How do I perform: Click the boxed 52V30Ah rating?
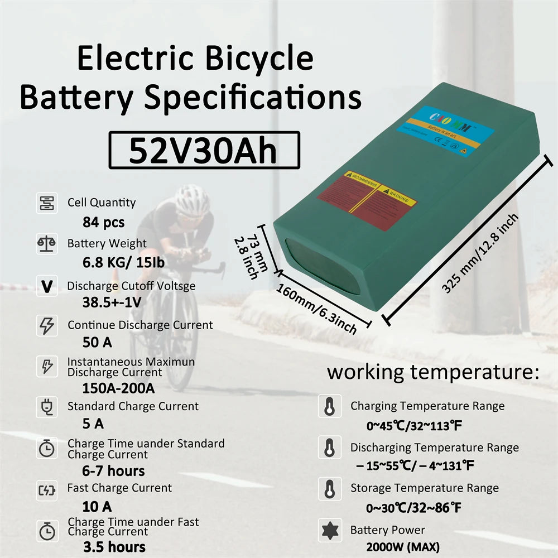pos(204,150)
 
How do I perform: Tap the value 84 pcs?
pos(104,222)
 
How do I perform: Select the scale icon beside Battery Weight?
pos(46,244)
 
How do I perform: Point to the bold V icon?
pos(47,286)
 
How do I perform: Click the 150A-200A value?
pos(118,387)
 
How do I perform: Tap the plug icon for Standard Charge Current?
pos(46,407)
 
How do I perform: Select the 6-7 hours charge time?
pos(114,470)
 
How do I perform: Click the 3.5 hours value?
pos(114,546)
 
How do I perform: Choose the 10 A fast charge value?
pos(97,506)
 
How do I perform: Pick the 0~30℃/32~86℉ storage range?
pos(414,508)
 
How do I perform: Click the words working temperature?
pos(433,372)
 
